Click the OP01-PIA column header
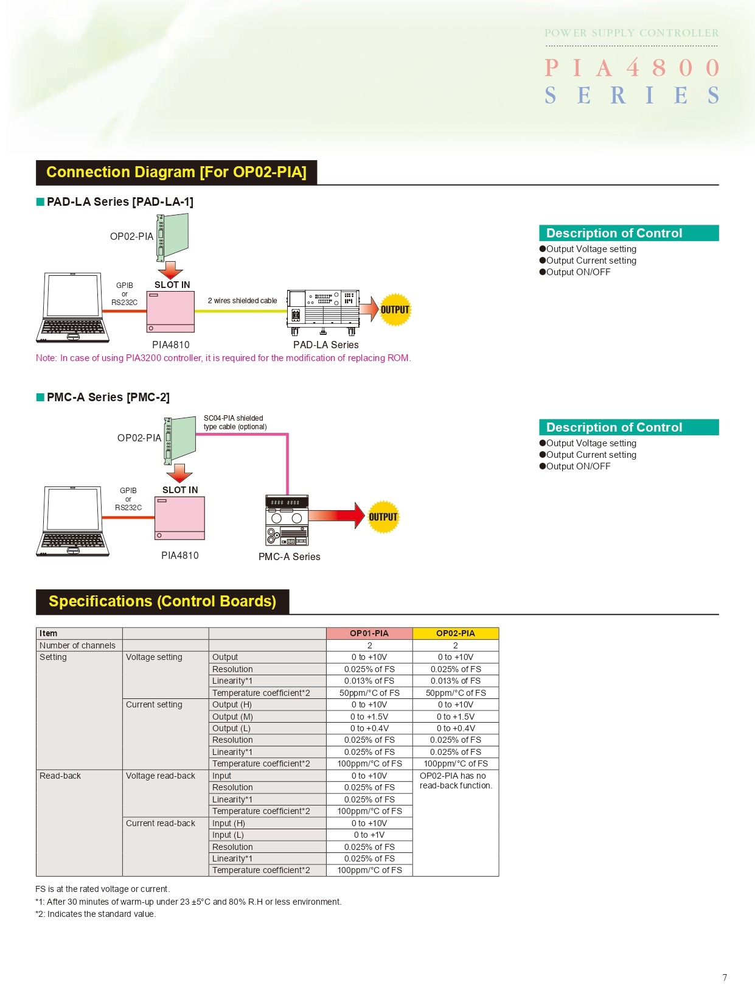coord(369,633)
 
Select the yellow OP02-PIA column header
coord(455,633)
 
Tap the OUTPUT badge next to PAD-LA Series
coord(395,310)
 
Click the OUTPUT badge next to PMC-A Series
coord(383,517)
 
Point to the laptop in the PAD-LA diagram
coord(73,307)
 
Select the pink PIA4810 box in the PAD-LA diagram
coord(170,312)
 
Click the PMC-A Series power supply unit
coord(287,521)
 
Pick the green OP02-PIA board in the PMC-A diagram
coord(181,438)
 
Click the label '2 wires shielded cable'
coord(242,301)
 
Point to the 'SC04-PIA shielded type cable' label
coord(235,423)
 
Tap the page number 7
coord(725,978)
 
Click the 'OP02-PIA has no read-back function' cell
coord(456,781)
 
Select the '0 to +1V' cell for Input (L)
coord(369,835)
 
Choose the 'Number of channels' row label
coord(77,645)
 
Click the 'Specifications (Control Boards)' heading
coord(162,602)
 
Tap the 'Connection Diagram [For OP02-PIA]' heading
coord(176,172)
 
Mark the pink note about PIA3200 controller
coord(223,358)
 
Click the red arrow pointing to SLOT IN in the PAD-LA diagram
coord(170,269)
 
